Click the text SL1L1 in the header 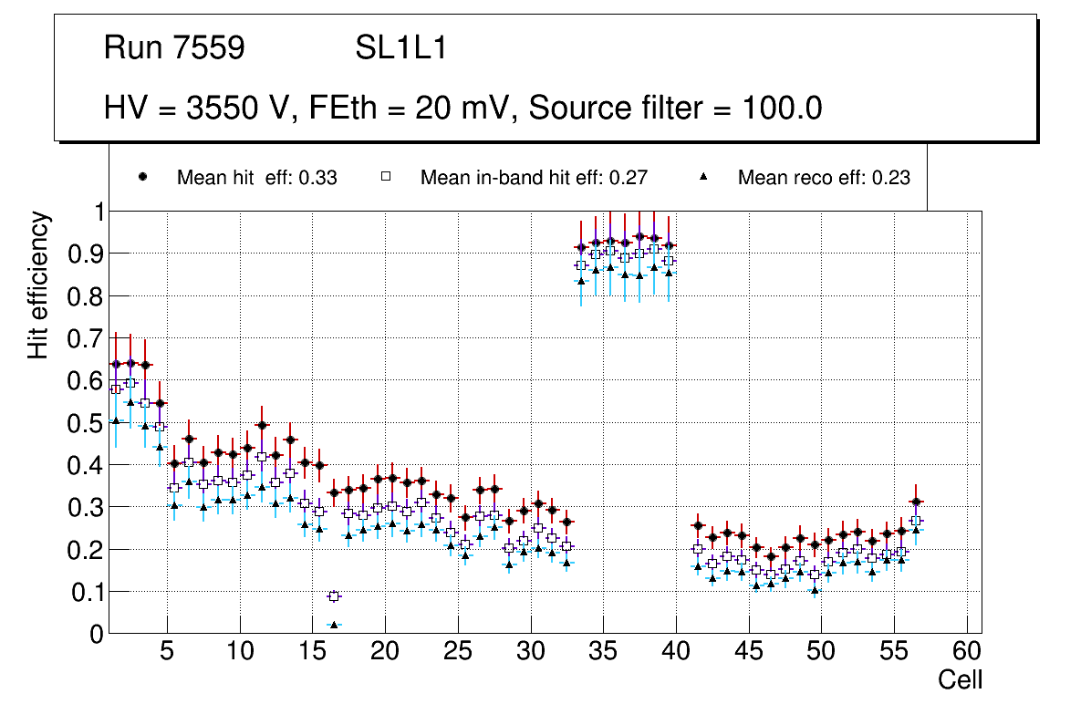click(400, 48)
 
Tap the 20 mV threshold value click(464, 109)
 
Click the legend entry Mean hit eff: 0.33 click(256, 178)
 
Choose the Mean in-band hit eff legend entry click(534, 178)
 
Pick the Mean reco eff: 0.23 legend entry click(824, 178)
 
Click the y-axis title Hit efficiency click(38, 285)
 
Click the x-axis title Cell click(961, 679)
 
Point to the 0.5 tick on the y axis click(86, 422)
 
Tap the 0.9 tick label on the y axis click(86, 254)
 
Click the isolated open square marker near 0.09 click(334, 596)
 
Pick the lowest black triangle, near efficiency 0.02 click(334, 625)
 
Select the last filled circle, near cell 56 click(917, 502)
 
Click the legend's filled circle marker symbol click(142, 177)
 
